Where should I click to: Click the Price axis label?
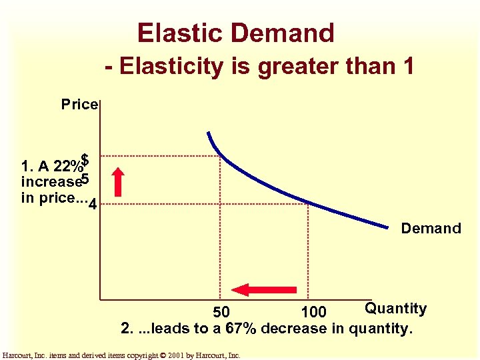tap(79, 104)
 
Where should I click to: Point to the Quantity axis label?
tap(395, 309)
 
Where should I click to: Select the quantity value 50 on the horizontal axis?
tap(221, 312)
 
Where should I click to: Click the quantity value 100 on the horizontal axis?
tap(313, 312)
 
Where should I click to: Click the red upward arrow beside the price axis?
tap(118, 183)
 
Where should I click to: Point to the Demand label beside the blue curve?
tap(431, 229)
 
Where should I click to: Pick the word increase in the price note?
tap(51, 181)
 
